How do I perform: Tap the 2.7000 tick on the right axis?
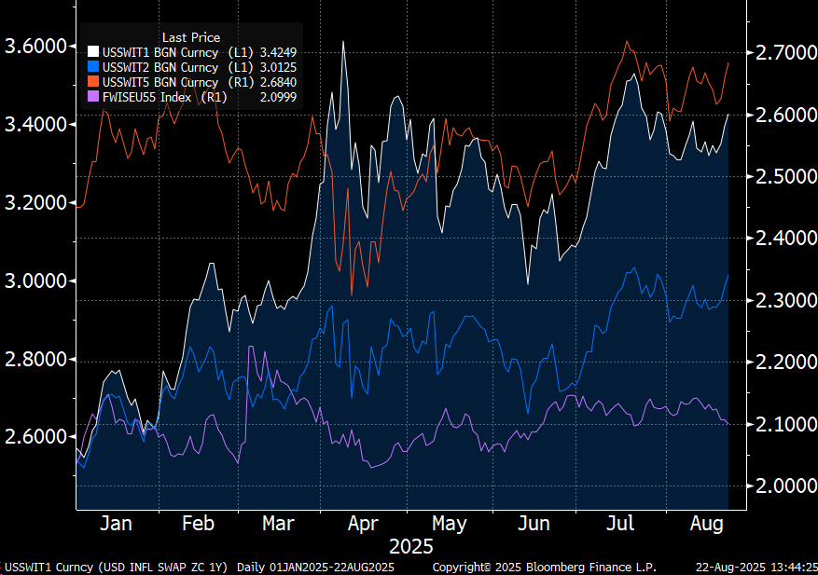point(782,52)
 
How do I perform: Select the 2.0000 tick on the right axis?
point(782,486)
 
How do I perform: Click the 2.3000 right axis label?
point(782,300)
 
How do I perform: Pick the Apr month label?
point(363,524)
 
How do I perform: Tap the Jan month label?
point(116,524)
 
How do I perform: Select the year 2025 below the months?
point(410,547)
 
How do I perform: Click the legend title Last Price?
point(191,37)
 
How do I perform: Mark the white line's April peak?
point(344,42)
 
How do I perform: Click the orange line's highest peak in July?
point(628,41)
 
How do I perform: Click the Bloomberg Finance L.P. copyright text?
point(545,568)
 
